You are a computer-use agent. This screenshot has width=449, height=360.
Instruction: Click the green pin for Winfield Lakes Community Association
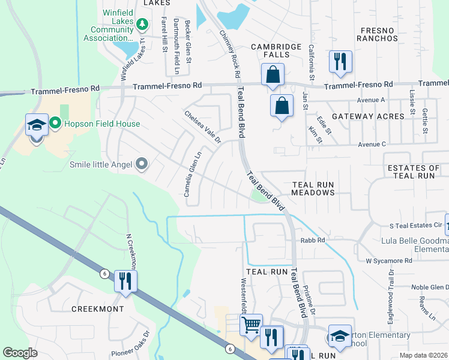[142, 25]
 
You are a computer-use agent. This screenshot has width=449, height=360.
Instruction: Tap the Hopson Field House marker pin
[56, 124]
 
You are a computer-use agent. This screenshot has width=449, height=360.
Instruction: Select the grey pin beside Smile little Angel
[142, 164]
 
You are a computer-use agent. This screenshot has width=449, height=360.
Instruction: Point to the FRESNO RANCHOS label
[377, 34]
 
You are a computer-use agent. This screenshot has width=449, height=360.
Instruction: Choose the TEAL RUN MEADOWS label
[313, 188]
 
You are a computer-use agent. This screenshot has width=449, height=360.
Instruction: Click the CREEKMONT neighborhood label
[97, 309]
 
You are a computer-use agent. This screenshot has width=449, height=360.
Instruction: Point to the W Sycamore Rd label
[389, 261]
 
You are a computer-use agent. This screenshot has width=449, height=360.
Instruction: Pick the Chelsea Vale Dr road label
[203, 127]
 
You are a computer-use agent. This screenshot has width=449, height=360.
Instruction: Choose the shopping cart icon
[251, 325]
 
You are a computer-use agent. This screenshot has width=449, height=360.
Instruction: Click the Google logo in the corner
[20, 353]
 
